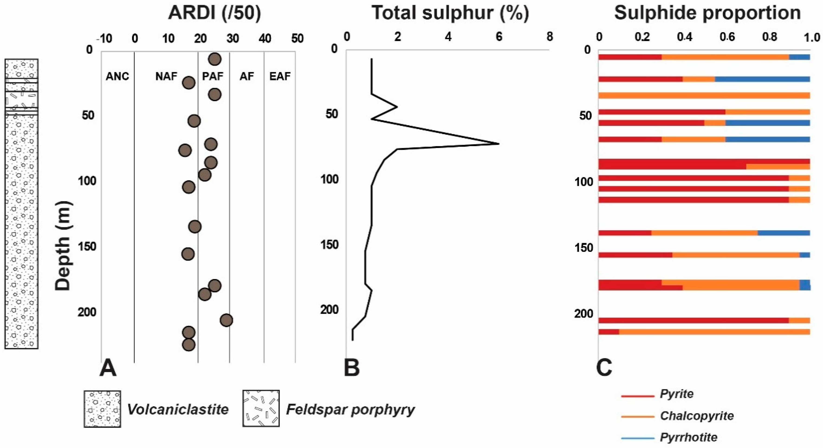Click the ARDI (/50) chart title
pos(214,13)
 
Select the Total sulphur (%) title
pos(450,13)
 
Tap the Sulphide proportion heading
pos(707,13)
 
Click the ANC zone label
pos(117,77)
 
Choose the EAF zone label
pos(280,77)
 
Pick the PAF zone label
pos(213,77)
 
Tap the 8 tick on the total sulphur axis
pos(550,37)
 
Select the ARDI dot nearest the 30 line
pos(227,320)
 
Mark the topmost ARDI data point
pos(215,59)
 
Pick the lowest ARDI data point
pos(188,345)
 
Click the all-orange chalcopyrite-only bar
pos(704,96)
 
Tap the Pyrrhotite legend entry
pos(688,437)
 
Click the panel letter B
pos(352,368)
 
